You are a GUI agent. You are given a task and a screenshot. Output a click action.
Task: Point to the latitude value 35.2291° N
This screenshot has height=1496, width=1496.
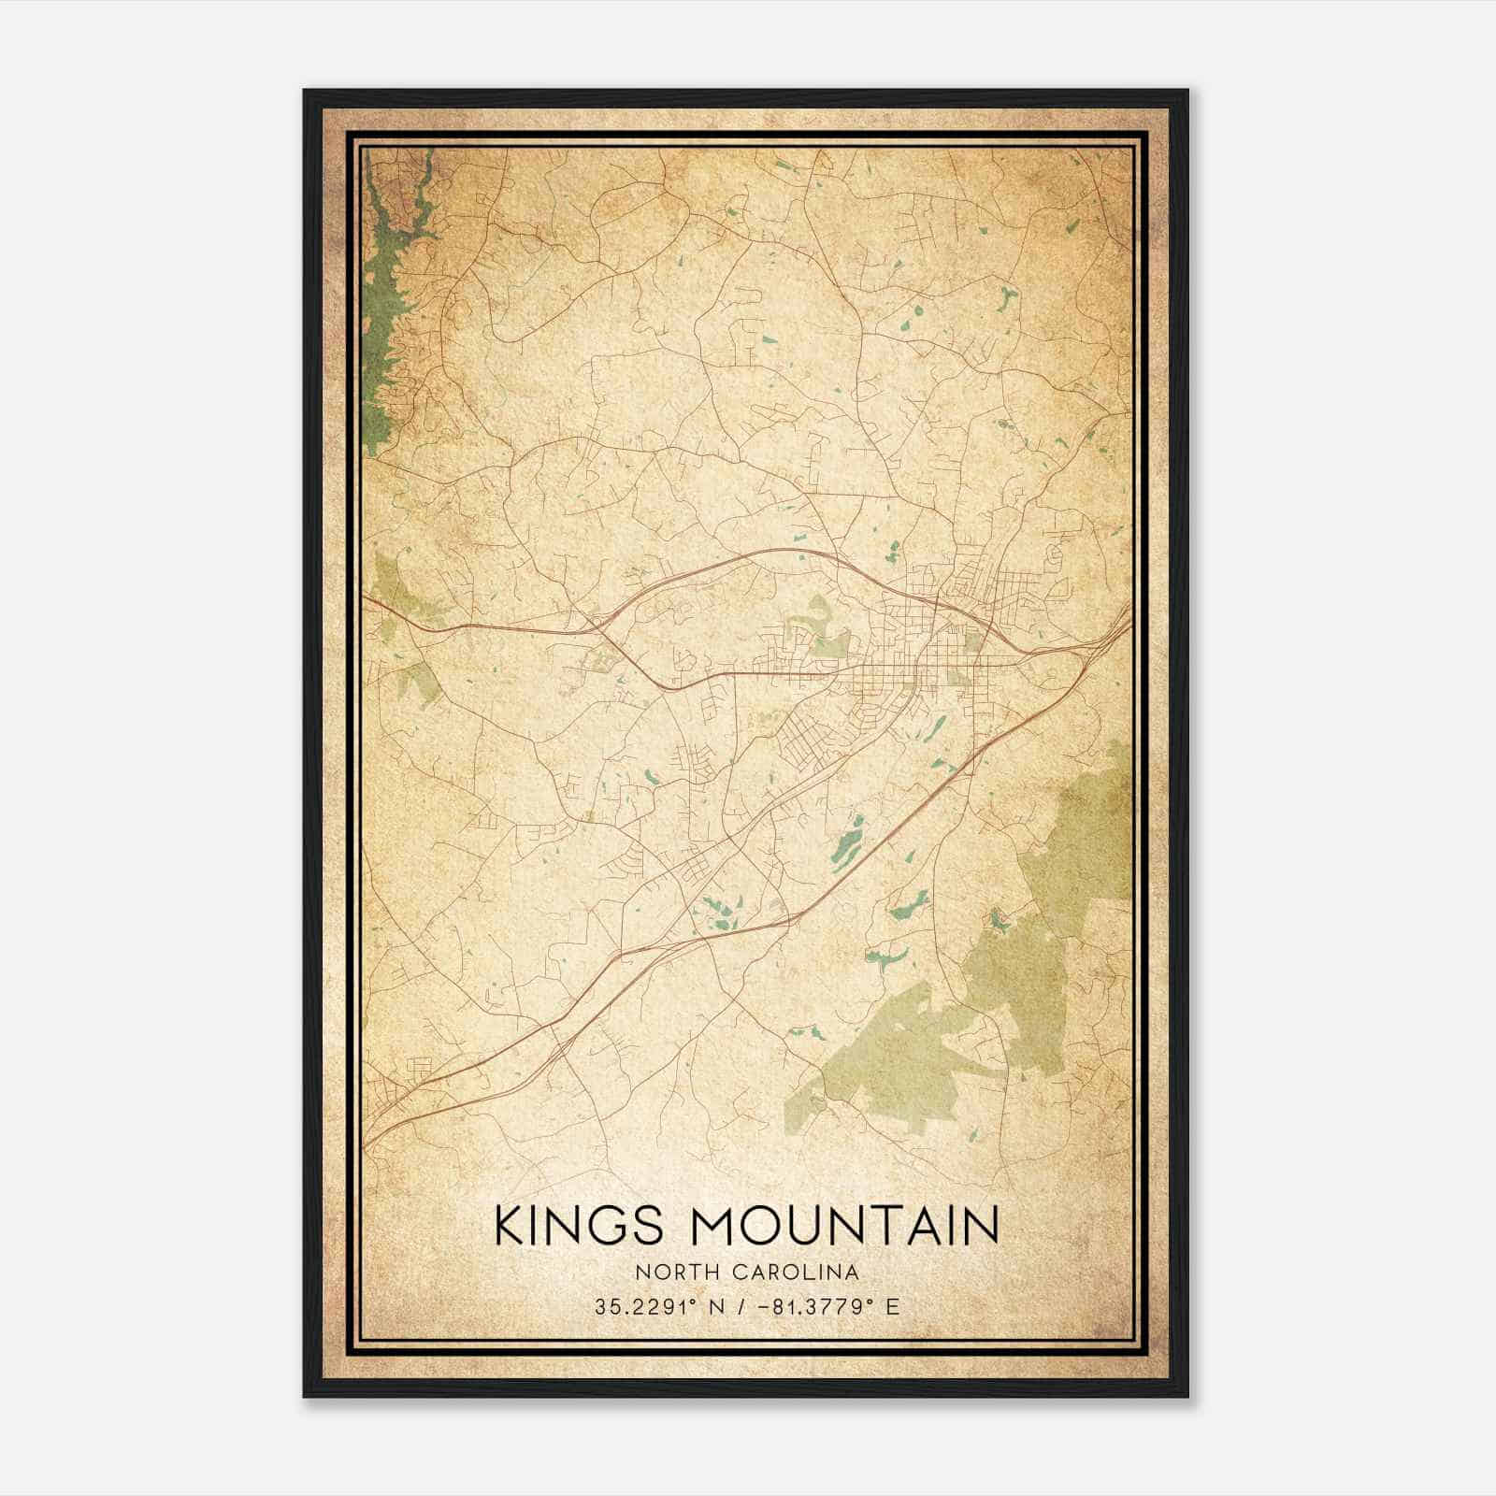pyautogui.click(x=655, y=1306)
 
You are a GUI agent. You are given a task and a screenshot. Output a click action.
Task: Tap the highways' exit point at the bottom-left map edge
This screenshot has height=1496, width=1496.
pyautogui.click(x=367, y=1143)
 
